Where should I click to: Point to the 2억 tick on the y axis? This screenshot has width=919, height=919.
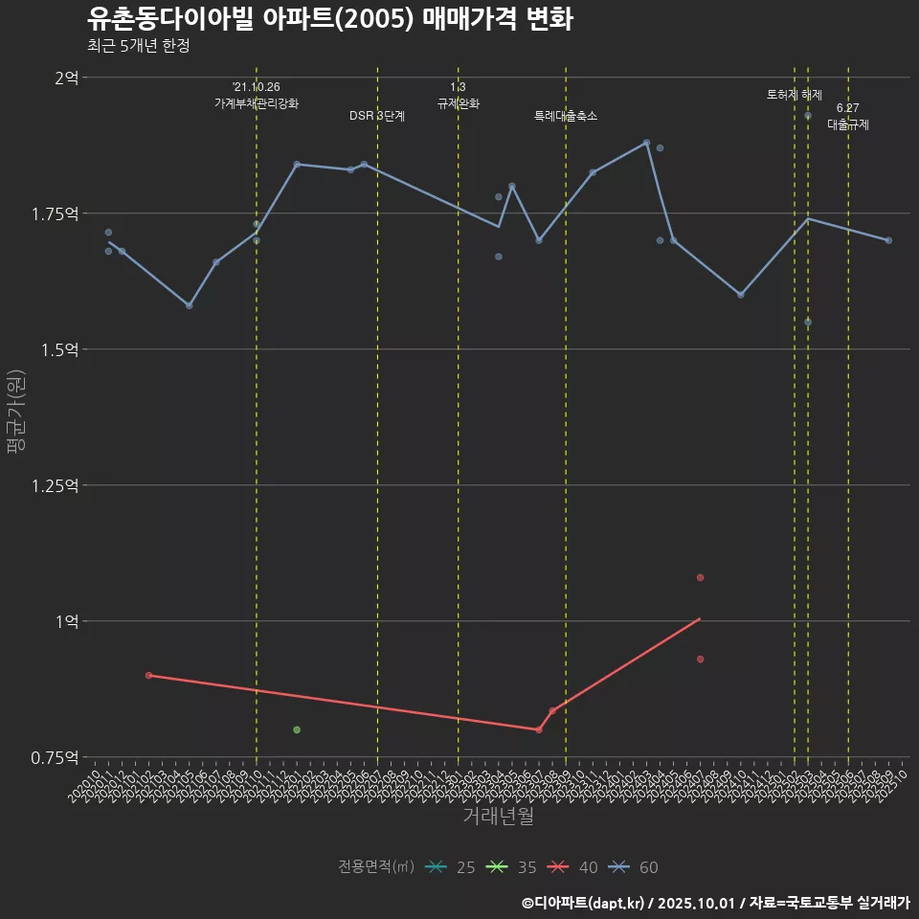(66, 78)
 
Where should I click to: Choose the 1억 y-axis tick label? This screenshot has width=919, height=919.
(66, 621)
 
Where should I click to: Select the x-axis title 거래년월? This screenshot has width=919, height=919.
(498, 816)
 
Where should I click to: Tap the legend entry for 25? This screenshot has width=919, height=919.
(452, 867)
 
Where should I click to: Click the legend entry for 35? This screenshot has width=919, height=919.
(513, 867)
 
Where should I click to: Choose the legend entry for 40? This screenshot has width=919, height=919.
(574, 867)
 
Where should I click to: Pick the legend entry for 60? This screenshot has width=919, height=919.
(635, 867)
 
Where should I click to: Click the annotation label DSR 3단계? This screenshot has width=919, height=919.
(377, 116)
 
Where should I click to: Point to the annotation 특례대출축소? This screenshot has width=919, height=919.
(566, 116)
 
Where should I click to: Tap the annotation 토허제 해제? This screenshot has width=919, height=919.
(795, 95)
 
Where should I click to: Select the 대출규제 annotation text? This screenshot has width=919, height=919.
(848, 124)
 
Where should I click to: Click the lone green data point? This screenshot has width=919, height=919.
(297, 729)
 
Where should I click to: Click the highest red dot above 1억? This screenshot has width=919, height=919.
(701, 577)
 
